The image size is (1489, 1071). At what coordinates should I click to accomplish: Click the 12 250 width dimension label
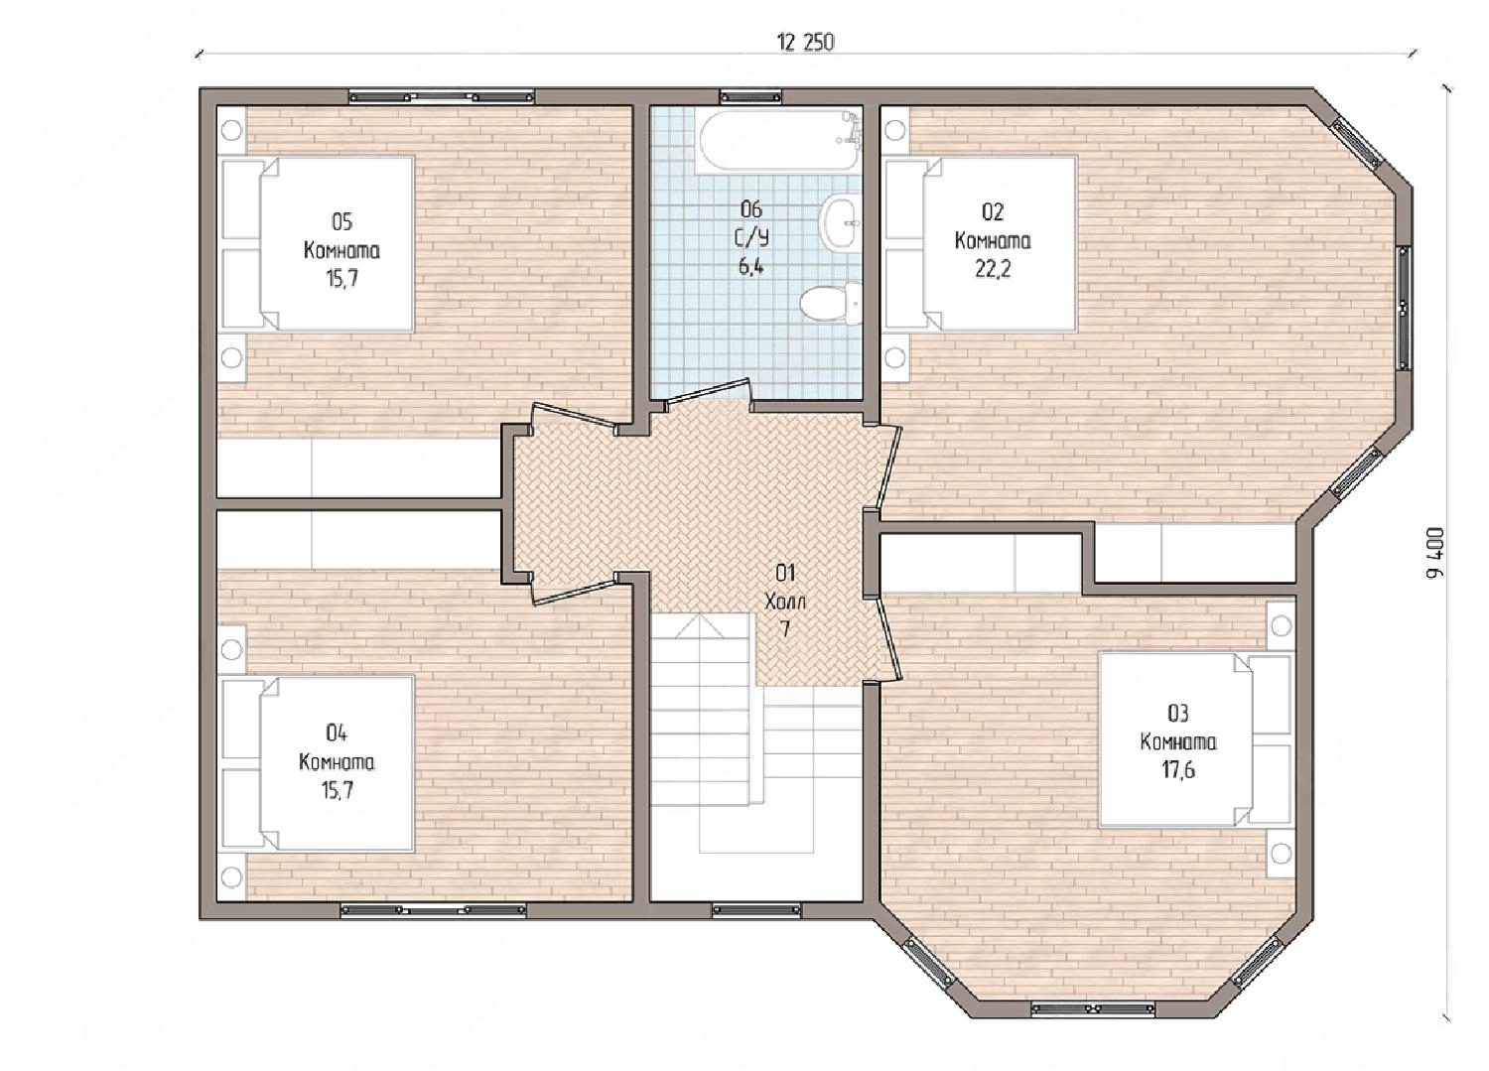coord(805,43)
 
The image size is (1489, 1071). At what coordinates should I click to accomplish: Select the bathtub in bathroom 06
coord(779,141)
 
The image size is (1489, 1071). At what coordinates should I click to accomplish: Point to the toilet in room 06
coord(831,305)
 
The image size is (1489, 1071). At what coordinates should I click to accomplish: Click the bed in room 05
coord(318,244)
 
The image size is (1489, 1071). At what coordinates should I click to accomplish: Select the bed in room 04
coord(318,763)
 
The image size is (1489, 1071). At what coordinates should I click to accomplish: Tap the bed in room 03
coord(1194,739)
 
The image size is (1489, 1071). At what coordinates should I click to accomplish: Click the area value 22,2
coord(993,269)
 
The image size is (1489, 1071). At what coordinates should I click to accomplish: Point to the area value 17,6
coord(1178,770)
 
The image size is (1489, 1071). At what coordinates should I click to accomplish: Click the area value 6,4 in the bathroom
coord(751,267)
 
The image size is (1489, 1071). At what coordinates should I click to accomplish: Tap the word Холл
coord(785,602)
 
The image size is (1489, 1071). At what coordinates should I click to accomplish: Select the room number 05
coord(341,221)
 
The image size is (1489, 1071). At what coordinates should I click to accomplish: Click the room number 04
coord(337,734)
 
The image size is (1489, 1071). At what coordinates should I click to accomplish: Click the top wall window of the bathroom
coord(750,97)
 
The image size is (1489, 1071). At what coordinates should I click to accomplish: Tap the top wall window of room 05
coord(442,97)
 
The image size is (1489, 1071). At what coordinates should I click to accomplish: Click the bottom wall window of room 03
coord(1092,1008)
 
